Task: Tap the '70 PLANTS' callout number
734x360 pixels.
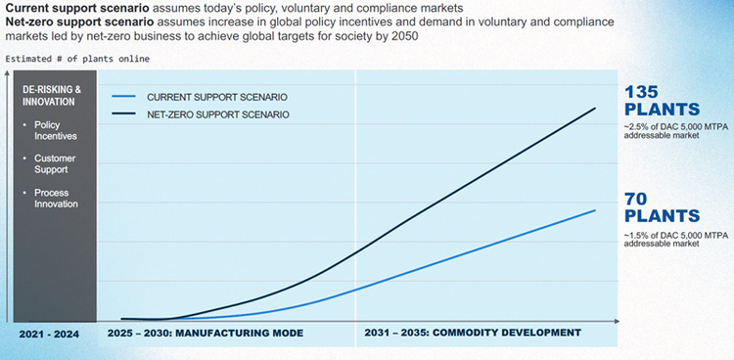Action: tap(662, 207)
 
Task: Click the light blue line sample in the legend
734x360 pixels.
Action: tap(124, 98)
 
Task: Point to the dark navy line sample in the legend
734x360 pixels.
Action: tap(124, 114)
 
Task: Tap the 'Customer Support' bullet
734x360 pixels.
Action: tap(55, 164)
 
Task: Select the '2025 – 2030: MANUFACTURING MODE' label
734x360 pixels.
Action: tap(205, 334)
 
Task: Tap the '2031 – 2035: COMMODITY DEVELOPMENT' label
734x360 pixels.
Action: tap(473, 334)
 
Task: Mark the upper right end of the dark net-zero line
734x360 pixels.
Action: tap(595, 108)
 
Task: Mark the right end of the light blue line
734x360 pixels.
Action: tap(595, 210)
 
